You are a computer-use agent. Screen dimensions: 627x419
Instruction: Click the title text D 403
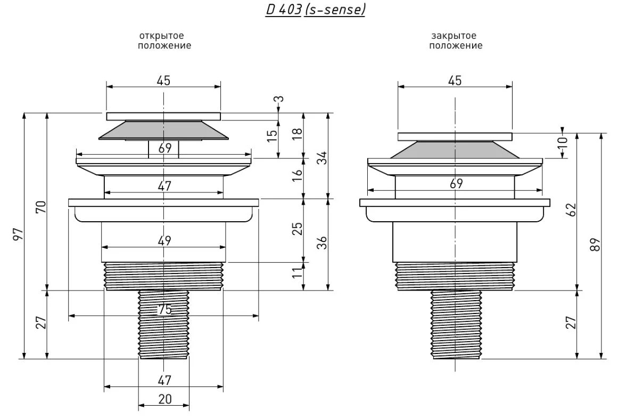pyautogui.click(x=284, y=9)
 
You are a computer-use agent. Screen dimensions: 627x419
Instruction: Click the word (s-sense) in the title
pyautogui.click(x=335, y=9)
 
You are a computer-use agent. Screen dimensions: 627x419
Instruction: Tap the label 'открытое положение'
pyautogui.click(x=164, y=41)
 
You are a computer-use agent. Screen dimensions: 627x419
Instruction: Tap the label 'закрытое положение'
pyautogui.click(x=456, y=41)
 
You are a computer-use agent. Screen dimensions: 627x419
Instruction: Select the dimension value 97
pyautogui.click(x=19, y=235)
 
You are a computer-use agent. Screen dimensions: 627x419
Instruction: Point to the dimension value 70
pyautogui.click(x=42, y=207)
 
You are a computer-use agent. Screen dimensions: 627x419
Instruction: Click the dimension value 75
pyautogui.click(x=165, y=309)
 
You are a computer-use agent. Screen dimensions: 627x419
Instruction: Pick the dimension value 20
pyautogui.click(x=165, y=399)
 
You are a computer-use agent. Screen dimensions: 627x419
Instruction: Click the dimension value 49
pyautogui.click(x=164, y=240)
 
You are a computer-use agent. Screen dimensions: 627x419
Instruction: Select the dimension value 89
pyautogui.click(x=596, y=244)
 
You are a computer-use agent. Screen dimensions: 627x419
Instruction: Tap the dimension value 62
pyautogui.click(x=572, y=209)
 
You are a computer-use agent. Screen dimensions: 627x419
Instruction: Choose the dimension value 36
pyautogui.click(x=322, y=243)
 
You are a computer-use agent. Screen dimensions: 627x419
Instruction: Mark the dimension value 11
pyautogui.click(x=297, y=273)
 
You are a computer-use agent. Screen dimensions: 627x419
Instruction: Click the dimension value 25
pyautogui.click(x=298, y=229)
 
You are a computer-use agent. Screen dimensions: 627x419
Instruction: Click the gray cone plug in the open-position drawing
pyautogui.click(x=163, y=130)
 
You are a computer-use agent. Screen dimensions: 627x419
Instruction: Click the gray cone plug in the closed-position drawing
pyautogui.click(x=455, y=150)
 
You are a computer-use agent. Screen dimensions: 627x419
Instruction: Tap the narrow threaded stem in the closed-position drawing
pyautogui.click(x=456, y=325)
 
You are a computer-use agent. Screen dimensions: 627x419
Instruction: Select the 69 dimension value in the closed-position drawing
pyautogui.click(x=456, y=183)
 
